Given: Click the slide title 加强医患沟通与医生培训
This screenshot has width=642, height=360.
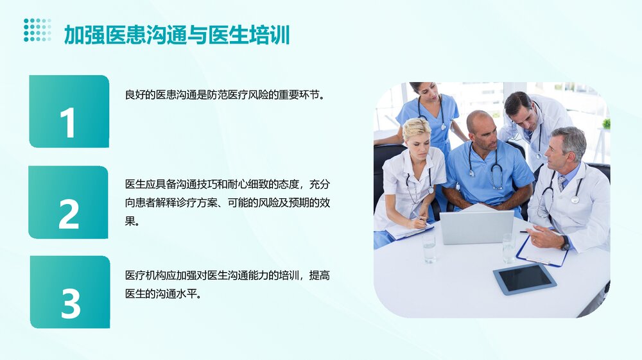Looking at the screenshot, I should [177, 34].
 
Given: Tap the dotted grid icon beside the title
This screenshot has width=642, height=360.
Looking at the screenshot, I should [37, 30].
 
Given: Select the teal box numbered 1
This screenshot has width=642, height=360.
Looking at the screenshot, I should [69, 112].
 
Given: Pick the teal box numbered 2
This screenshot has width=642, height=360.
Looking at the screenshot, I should [68, 202].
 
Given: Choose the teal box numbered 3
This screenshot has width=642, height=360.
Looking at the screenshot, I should [70, 292].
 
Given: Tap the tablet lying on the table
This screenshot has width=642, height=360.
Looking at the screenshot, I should [524, 278].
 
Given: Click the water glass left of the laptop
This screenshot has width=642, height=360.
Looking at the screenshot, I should [429, 248].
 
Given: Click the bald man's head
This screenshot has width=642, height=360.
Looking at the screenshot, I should [480, 123].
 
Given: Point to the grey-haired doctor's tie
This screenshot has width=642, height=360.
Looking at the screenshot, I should [562, 184].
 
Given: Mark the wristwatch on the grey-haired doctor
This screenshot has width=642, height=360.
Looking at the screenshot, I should [565, 243].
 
